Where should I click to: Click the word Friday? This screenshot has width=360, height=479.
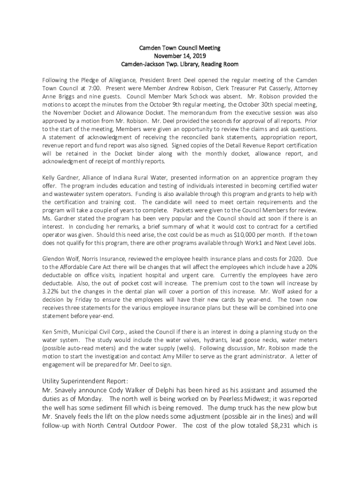[x=78, y=299]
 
